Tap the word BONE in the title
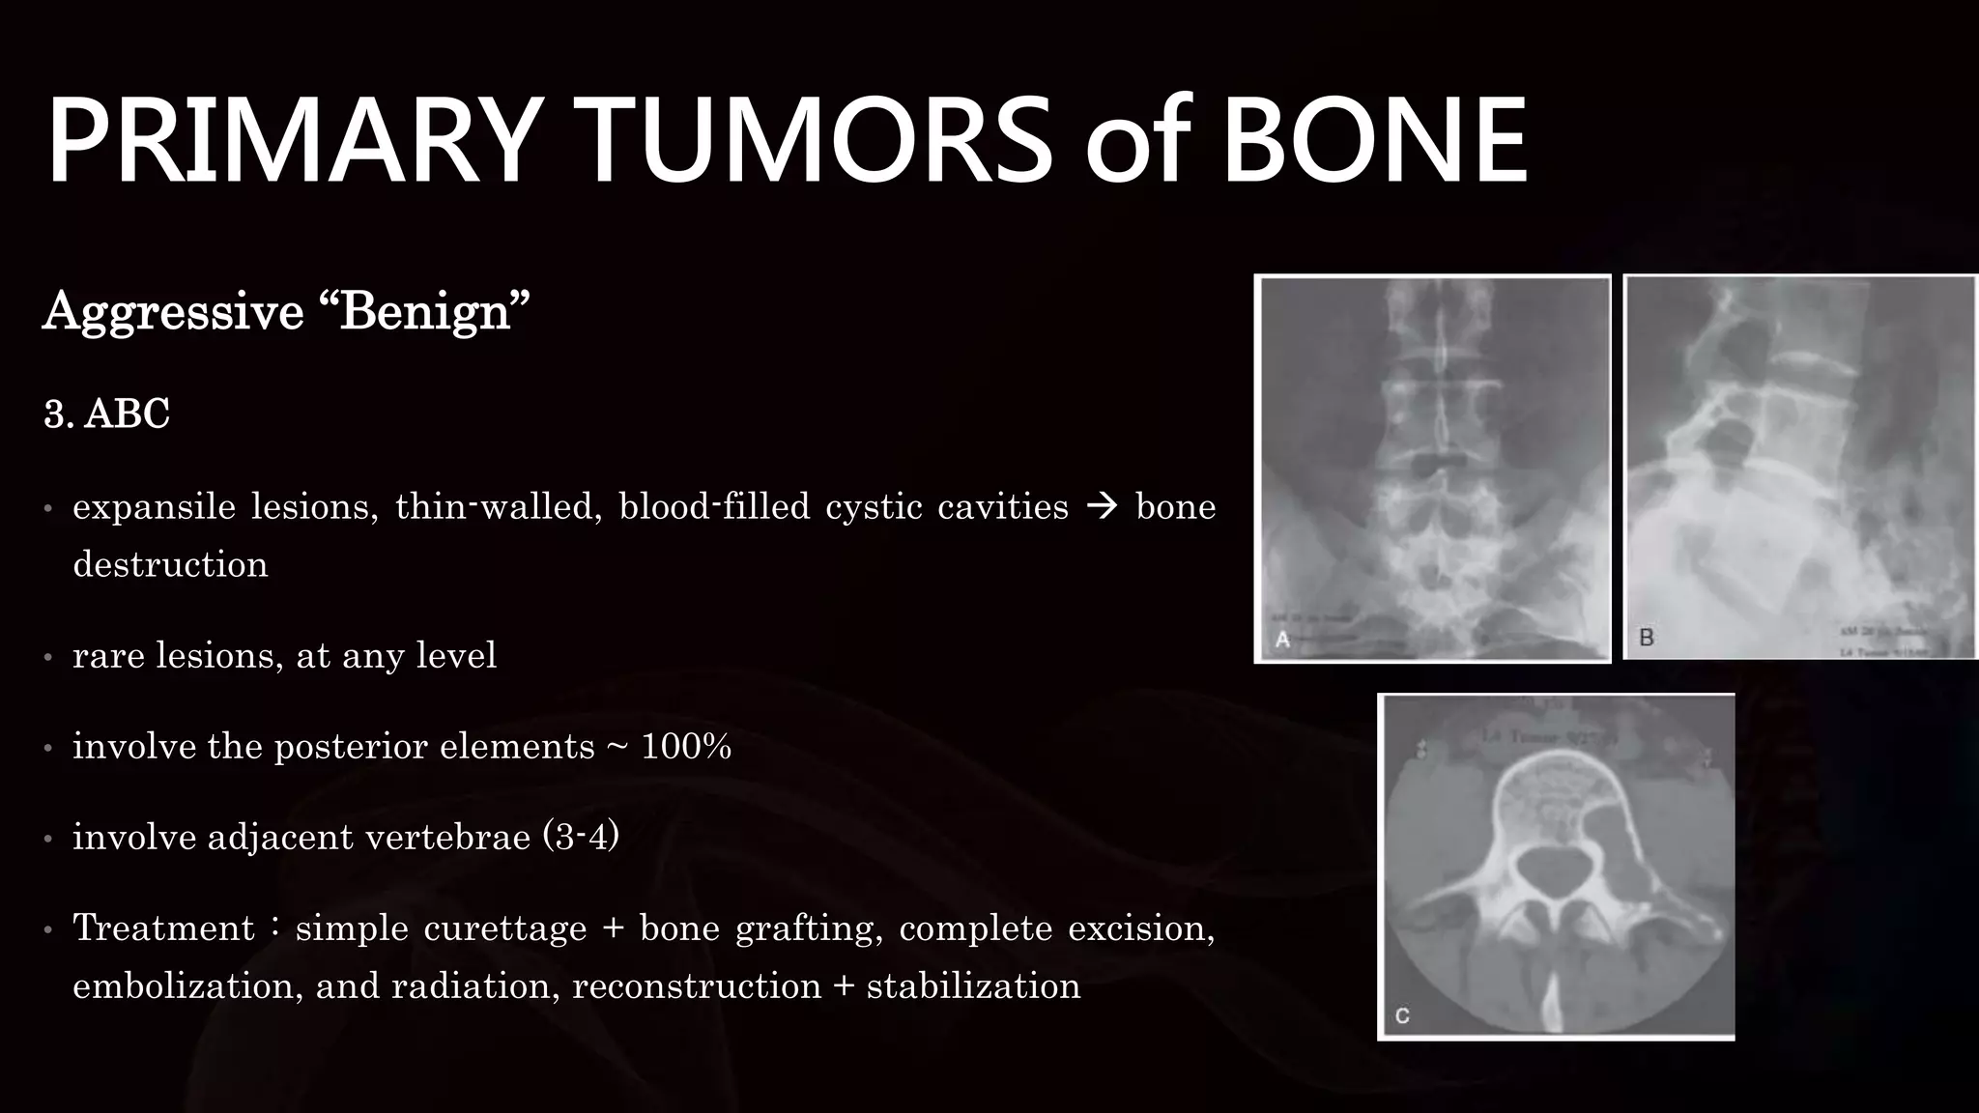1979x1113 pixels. pyautogui.click(x=1374, y=141)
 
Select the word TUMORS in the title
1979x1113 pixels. pyautogui.click(x=817, y=141)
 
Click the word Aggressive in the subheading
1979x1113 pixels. pyautogui.click(x=174, y=313)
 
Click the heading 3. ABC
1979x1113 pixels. pyautogui.click(x=106, y=414)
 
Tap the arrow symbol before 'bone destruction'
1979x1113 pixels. pyautogui.click(x=1102, y=506)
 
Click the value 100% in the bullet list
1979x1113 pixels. pyautogui.click(x=686, y=747)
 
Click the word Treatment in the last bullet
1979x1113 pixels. pyautogui.click(x=163, y=928)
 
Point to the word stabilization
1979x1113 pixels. pyautogui.click(x=973, y=986)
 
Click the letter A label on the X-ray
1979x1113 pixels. pyautogui.click(x=1282, y=640)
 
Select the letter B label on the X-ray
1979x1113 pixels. pyautogui.click(x=1647, y=638)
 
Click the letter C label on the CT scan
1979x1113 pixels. pyautogui.click(x=1402, y=1016)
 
